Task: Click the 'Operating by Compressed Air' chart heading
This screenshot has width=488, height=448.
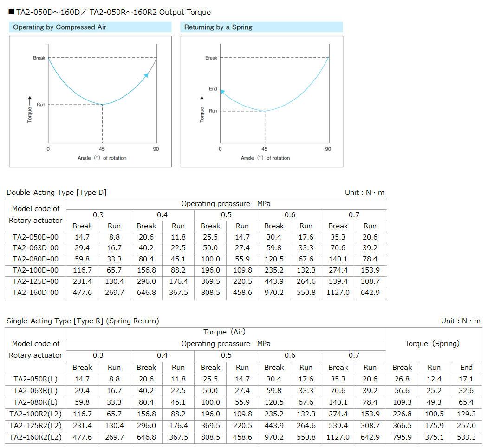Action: (x=59, y=27)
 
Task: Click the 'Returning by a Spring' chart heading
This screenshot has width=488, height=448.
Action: (x=218, y=27)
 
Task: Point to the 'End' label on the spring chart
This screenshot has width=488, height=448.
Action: (x=213, y=89)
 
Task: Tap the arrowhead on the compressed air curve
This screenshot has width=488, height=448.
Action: (x=146, y=75)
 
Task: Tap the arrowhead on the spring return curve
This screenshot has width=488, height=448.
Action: (x=222, y=92)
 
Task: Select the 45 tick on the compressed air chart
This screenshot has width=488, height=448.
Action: (x=102, y=149)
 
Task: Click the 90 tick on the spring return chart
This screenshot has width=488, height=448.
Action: (x=328, y=149)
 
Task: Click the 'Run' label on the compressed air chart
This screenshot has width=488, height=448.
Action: (x=41, y=105)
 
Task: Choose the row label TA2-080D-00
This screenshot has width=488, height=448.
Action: (x=36, y=259)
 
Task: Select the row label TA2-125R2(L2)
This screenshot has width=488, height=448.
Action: (x=36, y=425)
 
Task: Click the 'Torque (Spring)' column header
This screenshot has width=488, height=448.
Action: (x=432, y=344)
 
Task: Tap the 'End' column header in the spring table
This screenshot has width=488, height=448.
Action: (x=466, y=368)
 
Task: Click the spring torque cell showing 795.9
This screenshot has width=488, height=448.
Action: (x=402, y=437)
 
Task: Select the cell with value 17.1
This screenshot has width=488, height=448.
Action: (x=466, y=379)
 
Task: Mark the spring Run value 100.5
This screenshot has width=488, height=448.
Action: (x=434, y=414)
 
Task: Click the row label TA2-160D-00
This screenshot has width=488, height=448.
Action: (x=36, y=293)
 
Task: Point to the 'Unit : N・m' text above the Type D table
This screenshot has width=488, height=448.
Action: (x=364, y=193)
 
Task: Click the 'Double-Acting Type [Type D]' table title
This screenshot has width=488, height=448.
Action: (x=57, y=193)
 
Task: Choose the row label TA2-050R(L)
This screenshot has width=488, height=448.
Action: (x=36, y=379)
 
